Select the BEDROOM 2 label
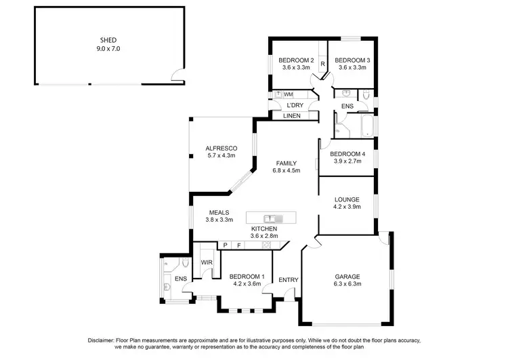point(296,60)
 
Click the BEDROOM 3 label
point(350,60)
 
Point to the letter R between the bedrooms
point(323,64)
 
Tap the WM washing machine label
point(288,94)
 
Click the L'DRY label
point(294,106)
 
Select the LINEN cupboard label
point(292,116)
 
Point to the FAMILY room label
point(288,163)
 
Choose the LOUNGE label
point(347,199)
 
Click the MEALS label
point(219,212)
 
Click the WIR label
point(207,262)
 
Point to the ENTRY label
point(288,279)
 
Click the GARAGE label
point(347,276)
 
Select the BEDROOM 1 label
point(245,276)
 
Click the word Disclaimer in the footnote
point(104,340)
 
